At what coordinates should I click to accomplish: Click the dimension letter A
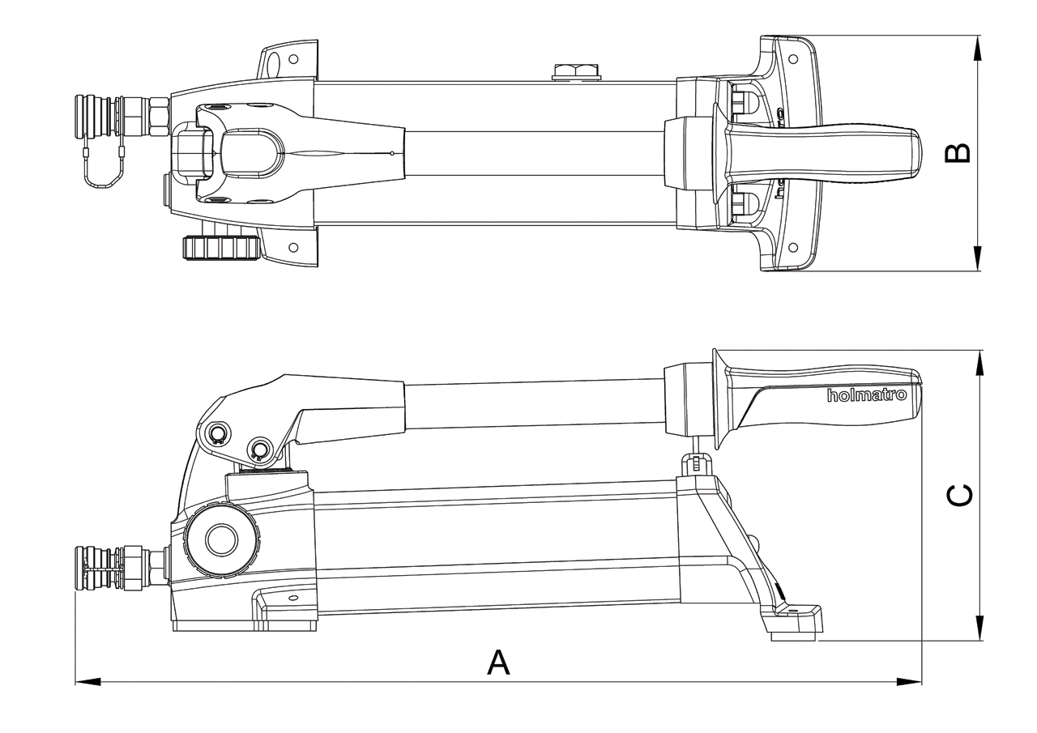point(498,662)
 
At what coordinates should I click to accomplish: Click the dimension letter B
point(958,153)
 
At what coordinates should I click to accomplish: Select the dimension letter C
point(960,496)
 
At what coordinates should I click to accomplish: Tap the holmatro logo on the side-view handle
point(866,395)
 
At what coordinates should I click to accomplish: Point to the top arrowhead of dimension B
point(979,48)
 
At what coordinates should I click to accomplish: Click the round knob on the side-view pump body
point(220,539)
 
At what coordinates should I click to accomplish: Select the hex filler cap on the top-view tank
point(574,72)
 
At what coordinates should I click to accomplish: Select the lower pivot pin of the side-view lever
point(260,449)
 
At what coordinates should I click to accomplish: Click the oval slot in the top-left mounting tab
point(273,63)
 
